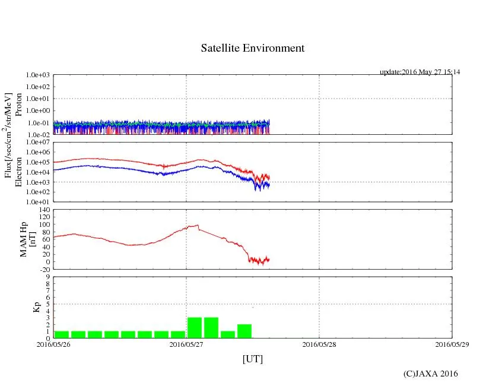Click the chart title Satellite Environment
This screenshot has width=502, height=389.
click(253, 48)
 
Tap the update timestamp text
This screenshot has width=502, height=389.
click(420, 72)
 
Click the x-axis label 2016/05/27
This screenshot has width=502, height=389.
click(186, 344)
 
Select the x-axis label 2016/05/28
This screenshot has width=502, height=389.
click(319, 344)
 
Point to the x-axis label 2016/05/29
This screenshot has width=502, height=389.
click(452, 344)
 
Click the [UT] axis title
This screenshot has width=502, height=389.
click(253, 359)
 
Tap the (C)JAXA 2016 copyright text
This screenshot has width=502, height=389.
click(430, 374)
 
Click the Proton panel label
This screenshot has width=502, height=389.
click(18, 105)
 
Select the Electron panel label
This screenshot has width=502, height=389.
click(18, 172)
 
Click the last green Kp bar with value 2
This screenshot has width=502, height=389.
click(244, 331)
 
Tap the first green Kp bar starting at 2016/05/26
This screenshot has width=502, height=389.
click(62, 334)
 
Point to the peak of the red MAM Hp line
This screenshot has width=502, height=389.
click(197, 225)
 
